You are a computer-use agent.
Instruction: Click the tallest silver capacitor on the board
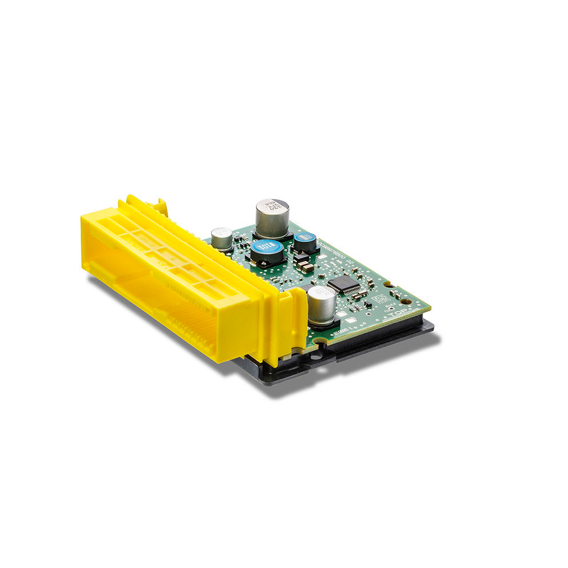272,219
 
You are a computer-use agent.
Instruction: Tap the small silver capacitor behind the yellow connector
221,238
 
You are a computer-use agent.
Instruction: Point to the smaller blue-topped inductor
305,243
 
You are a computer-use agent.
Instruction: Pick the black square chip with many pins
344,284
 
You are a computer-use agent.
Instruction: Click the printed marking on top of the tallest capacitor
273,205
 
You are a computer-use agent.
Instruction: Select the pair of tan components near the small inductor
303,266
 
